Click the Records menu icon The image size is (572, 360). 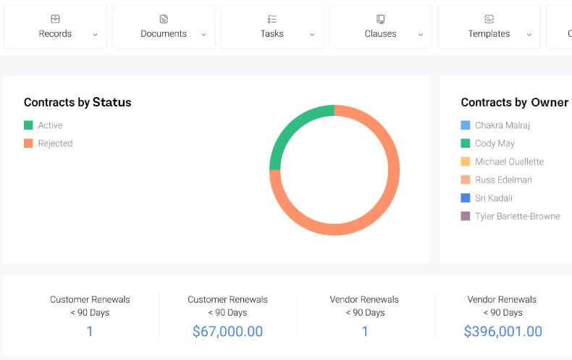click(x=55, y=19)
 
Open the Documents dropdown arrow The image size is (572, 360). click(x=203, y=35)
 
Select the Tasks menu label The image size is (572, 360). click(x=272, y=34)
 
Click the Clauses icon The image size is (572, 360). click(x=380, y=19)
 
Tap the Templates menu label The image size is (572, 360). click(x=489, y=34)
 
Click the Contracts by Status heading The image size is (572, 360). click(x=77, y=102)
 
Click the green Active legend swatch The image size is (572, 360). click(x=28, y=125)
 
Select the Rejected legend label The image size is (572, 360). click(x=55, y=143)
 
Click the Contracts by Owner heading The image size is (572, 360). click(x=514, y=102)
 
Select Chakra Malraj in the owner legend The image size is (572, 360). click(x=502, y=125)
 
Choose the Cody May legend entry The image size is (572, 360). click(x=495, y=143)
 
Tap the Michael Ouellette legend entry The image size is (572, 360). click(x=509, y=162)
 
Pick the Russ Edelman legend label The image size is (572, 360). click(x=503, y=180)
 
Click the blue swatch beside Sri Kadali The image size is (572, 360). click(x=466, y=198)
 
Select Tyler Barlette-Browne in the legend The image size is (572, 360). click(x=517, y=216)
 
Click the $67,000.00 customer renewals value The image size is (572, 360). click(x=227, y=332)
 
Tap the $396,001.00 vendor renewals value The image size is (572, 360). click(x=502, y=332)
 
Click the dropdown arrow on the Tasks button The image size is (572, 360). click(x=312, y=35)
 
